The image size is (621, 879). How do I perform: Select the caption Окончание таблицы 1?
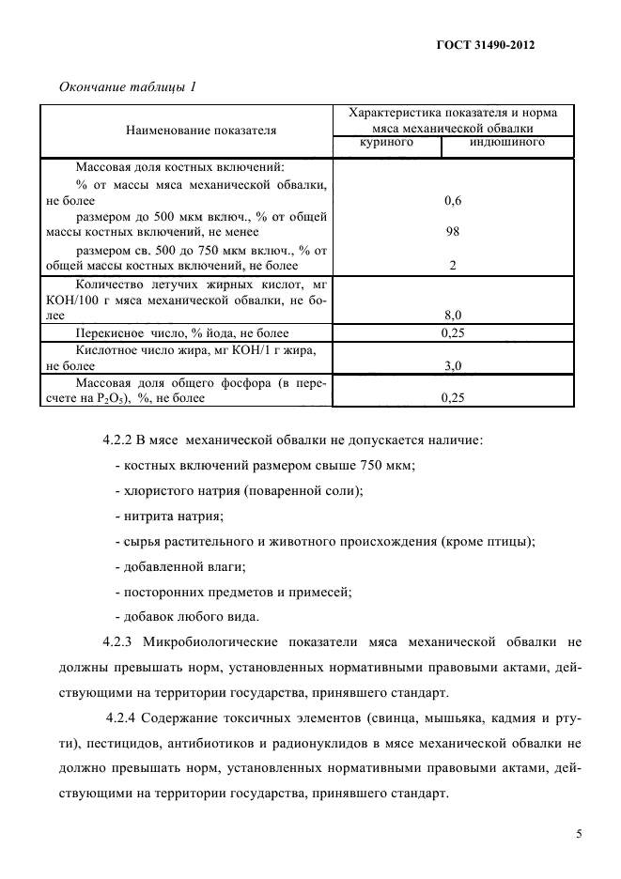(127, 87)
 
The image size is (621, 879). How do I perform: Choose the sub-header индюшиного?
(506, 143)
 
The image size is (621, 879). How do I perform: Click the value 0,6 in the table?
(452, 200)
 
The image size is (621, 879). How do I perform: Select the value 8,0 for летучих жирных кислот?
(452, 316)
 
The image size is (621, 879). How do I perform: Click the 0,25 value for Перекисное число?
(452, 332)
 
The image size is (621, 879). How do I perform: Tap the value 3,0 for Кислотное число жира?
(452, 365)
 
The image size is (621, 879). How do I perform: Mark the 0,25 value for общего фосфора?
(452, 397)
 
